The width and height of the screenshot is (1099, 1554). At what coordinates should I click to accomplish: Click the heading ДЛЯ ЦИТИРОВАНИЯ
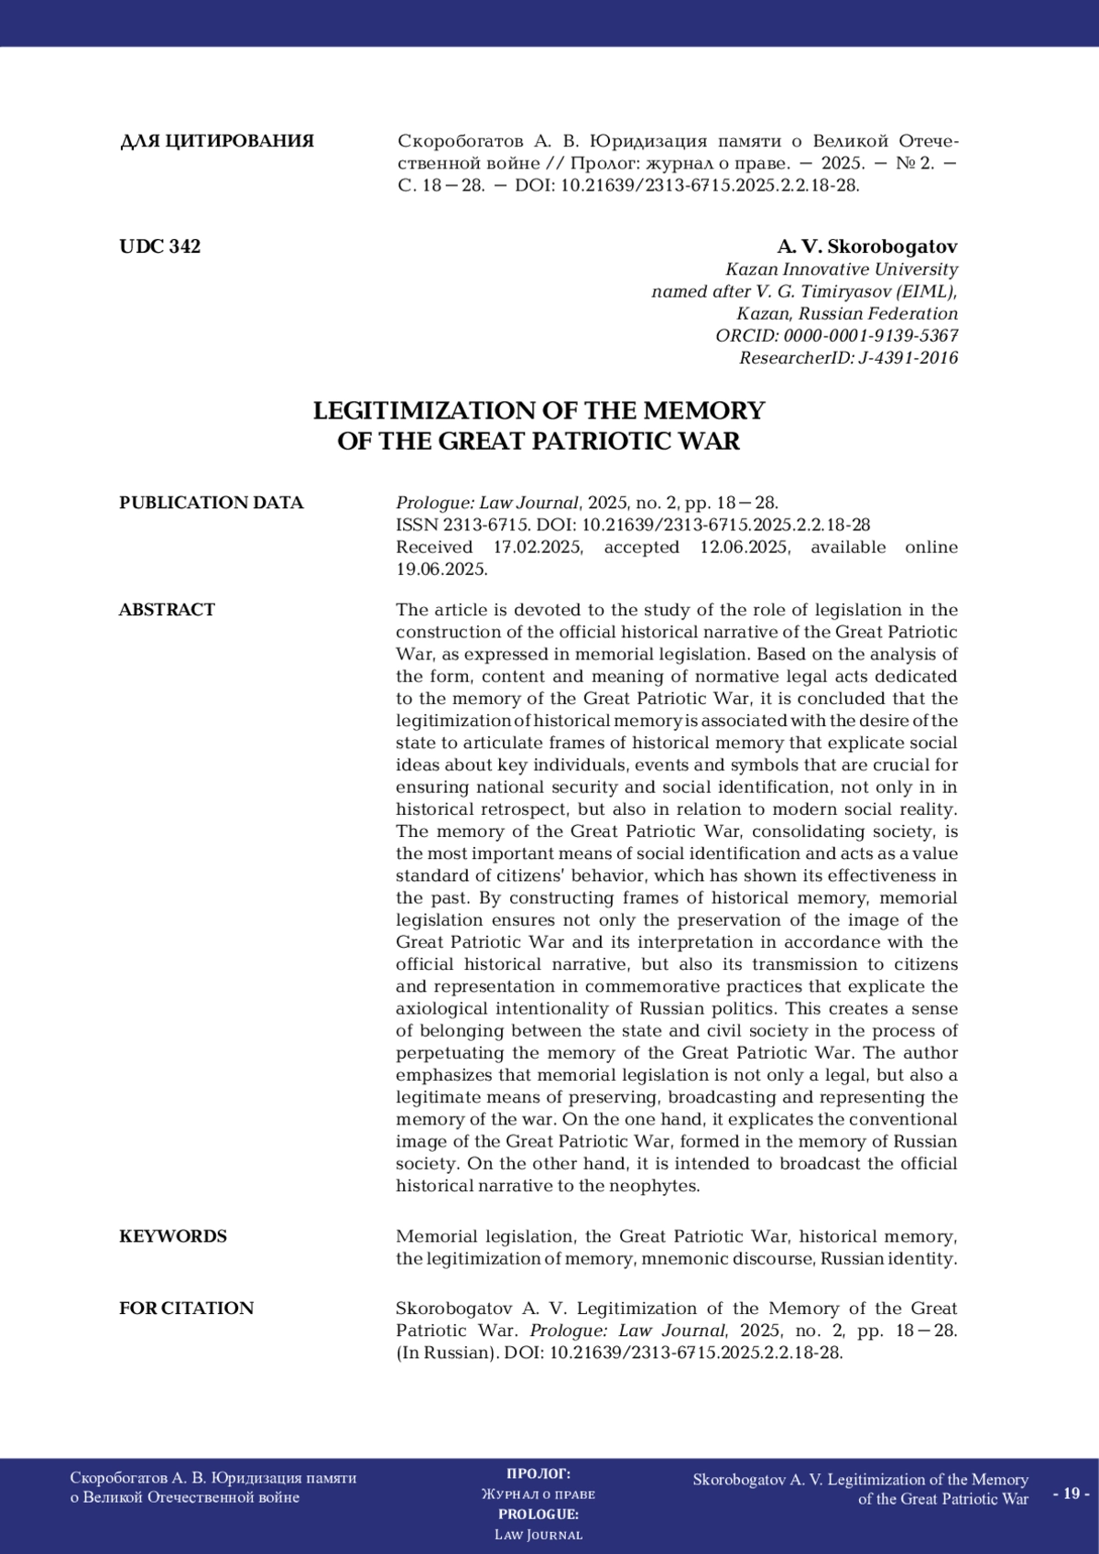217,141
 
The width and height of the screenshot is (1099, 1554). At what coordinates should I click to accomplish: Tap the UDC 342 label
159,246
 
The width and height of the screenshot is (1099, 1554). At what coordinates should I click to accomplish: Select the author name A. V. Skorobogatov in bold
866,246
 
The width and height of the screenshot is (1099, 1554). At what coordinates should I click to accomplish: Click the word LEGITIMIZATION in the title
425,410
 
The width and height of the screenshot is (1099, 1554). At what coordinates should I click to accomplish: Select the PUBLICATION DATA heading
211,503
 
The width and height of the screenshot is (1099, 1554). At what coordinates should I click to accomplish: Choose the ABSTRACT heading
167,610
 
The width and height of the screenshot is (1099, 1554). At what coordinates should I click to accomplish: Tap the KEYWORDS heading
173,1236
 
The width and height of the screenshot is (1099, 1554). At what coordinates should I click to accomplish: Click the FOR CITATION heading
186,1309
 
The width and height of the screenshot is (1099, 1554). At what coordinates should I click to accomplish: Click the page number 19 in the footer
1071,1494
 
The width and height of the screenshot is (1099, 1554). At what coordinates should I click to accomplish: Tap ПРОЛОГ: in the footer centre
539,1473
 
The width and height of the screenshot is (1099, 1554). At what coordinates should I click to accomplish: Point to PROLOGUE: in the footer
539,1514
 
